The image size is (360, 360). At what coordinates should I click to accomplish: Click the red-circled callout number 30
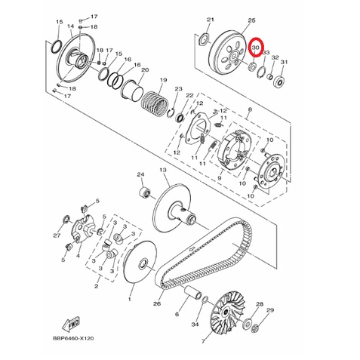256,48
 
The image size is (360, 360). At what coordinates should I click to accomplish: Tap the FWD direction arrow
71,324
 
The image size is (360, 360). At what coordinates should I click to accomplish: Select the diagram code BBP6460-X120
73,338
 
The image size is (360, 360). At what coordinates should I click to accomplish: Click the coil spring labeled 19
154,103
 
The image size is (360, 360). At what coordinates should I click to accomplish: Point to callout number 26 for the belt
157,304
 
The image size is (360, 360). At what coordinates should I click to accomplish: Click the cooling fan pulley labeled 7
228,312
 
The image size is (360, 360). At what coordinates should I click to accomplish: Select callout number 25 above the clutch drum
251,20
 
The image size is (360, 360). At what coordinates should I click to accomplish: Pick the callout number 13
163,171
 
